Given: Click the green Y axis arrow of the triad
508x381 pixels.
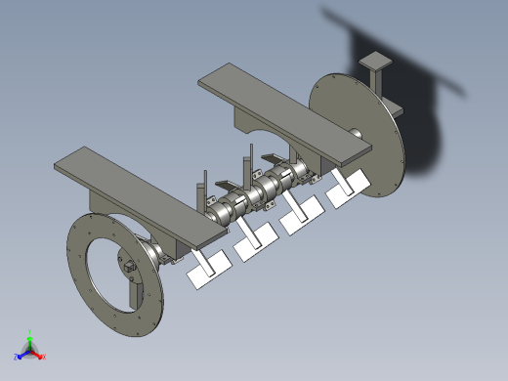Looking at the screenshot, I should [x=30, y=335].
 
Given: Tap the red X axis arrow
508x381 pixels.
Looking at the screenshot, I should [x=41, y=356].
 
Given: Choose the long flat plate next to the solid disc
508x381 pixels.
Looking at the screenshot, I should [x=283, y=108].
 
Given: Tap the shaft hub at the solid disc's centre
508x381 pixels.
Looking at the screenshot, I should [x=356, y=133].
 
